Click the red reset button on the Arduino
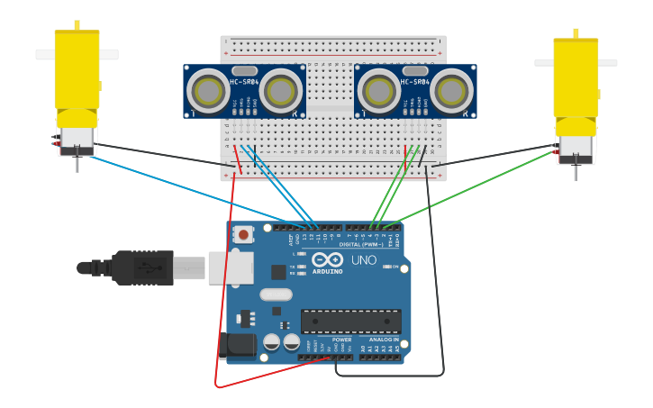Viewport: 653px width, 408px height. click(x=242, y=234)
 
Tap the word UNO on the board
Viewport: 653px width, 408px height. click(x=364, y=260)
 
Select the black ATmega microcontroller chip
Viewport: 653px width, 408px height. click(x=350, y=322)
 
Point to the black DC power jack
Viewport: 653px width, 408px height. click(x=237, y=346)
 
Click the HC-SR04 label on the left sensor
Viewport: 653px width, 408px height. click(x=244, y=83)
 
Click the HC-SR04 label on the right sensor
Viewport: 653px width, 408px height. click(x=414, y=83)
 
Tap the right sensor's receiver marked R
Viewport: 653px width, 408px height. click(x=451, y=91)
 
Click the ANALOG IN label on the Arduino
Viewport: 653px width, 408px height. click(x=384, y=340)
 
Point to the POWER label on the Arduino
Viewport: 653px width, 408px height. click(x=341, y=340)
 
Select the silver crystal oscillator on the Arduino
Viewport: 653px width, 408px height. click(x=276, y=295)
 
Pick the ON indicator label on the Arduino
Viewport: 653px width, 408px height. click(x=395, y=267)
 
